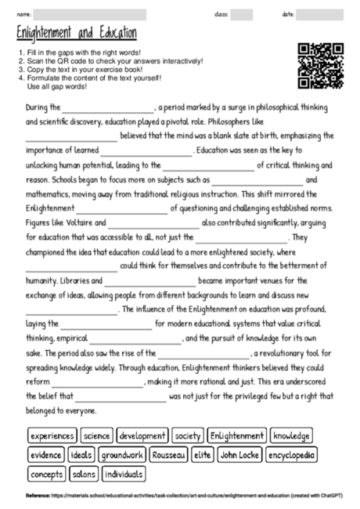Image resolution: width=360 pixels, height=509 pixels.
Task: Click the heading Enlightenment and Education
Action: pyautogui.click(x=77, y=34)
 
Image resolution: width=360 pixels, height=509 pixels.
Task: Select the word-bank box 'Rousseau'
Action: pyautogui.click(x=167, y=455)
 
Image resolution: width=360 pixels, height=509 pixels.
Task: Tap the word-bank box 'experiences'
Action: pyautogui.click(x=52, y=435)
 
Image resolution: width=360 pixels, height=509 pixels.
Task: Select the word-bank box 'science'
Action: pyautogui.click(x=96, y=435)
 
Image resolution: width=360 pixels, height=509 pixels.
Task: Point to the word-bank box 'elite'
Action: pyautogui.click(x=202, y=455)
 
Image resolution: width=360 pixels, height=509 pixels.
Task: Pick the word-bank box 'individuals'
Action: pyautogui.click(x=124, y=474)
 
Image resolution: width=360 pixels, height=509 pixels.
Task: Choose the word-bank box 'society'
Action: pyautogui.click(x=188, y=435)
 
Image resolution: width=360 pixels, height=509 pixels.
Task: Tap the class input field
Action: pyautogui.click(x=241, y=15)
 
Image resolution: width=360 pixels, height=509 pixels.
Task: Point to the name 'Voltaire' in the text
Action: pyautogui.click(x=81, y=222)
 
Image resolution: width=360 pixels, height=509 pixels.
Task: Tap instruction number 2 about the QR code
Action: pyautogui.click(x=110, y=60)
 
